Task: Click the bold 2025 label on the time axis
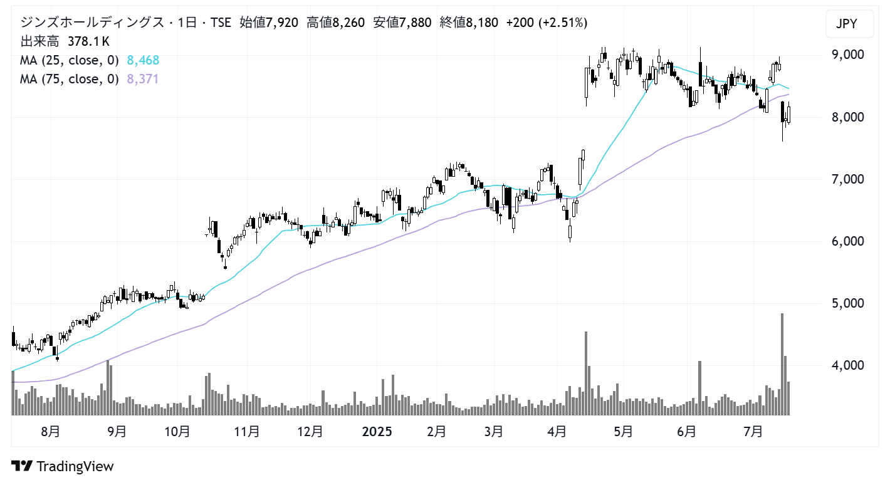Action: [x=377, y=432]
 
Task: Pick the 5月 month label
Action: [x=623, y=432]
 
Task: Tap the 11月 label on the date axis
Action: [x=247, y=432]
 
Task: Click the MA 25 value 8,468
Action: [x=143, y=61]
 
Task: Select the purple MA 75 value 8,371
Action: [x=143, y=79]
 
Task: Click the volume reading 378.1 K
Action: [x=89, y=42]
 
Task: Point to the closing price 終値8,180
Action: [x=469, y=23]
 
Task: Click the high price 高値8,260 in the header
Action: [x=335, y=23]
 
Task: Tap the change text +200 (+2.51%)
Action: [x=547, y=23]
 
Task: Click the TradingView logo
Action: [x=63, y=466]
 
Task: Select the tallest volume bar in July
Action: [x=782, y=363]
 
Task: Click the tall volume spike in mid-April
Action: [x=586, y=373]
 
